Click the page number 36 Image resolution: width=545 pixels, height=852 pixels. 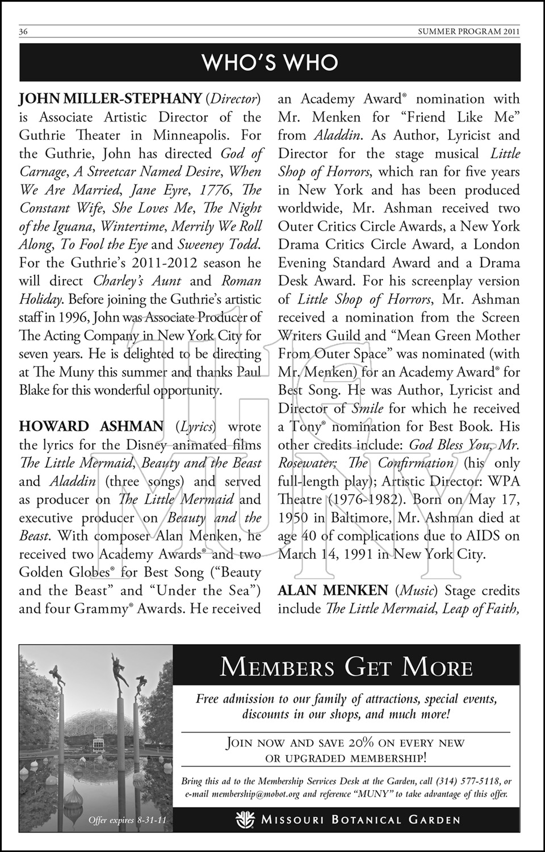(24, 32)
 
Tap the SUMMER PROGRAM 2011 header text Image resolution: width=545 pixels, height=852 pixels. (469, 32)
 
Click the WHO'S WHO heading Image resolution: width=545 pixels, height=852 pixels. (270, 62)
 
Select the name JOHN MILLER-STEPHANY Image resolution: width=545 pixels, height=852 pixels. (110, 99)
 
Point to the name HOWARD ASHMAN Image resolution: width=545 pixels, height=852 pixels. (91, 427)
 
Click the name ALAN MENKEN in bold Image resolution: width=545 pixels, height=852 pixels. (333, 591)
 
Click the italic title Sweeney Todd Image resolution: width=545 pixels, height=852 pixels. (219, 244)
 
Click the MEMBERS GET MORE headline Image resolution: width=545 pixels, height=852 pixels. (346, 667)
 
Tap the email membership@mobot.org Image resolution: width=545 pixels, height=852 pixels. (255, 794)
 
